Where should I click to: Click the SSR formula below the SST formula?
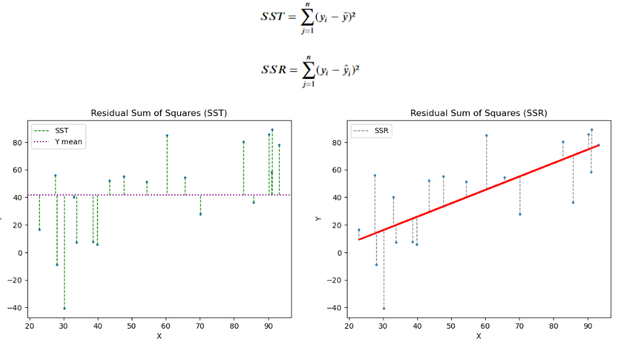tap(310, 70)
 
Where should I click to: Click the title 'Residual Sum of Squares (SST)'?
tap(158, 113)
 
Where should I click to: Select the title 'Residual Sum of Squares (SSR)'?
tap(478, 113)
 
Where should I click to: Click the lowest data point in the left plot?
tap(65, 308)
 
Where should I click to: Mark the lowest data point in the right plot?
tap(384, 308)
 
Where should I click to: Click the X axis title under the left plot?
tap(158, 336)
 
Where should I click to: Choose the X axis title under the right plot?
tap(478, 336)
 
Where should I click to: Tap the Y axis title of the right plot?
tap(318, 218)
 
